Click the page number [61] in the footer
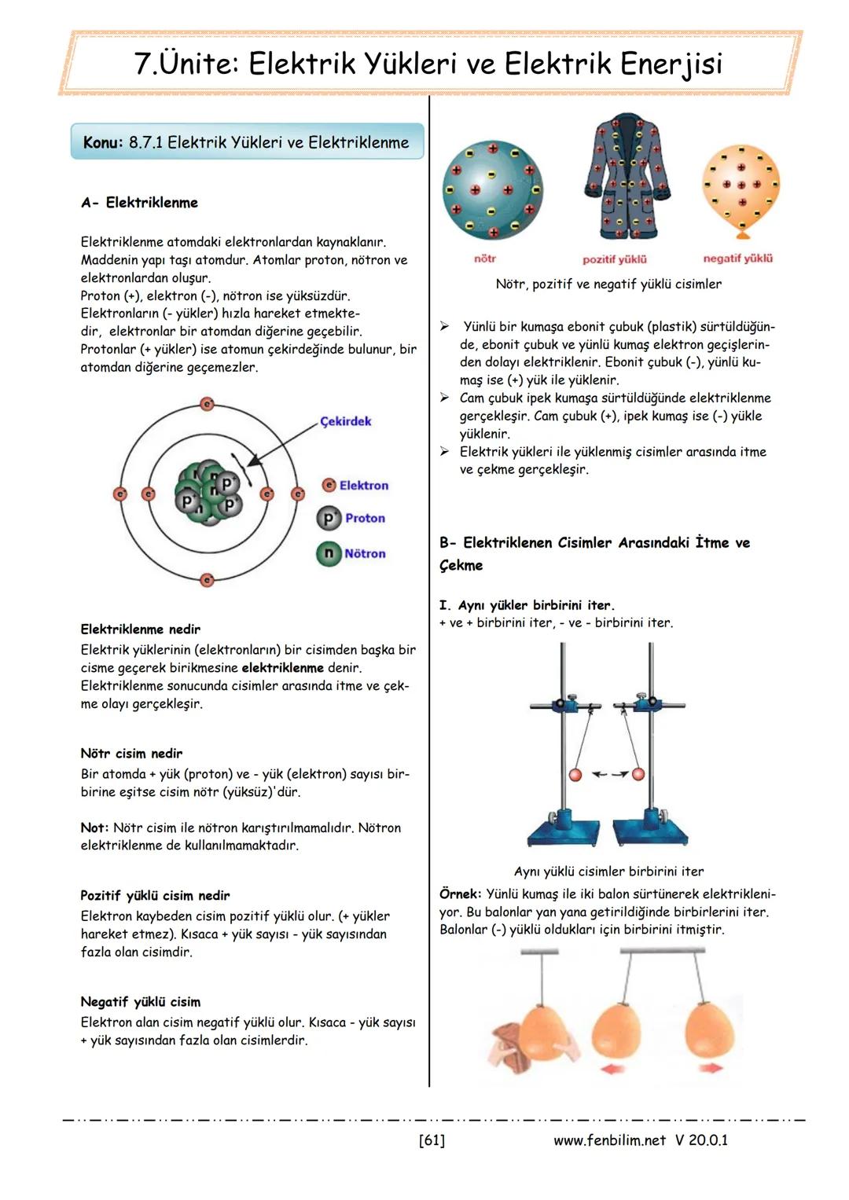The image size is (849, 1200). [x=432, y=1139]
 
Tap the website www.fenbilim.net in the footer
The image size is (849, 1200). [x=609, y=1139]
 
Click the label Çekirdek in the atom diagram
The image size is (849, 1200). [x=346, y=421]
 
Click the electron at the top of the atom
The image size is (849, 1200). [x=208, y=404]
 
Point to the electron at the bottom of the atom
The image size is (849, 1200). [x=208, y=580]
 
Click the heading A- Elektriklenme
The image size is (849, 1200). [x=139, y=203]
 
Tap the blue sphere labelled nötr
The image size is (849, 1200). [x=492, y=190]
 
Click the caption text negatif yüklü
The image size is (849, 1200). [x=737, y=259]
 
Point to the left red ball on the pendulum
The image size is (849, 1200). [x=575, y=775]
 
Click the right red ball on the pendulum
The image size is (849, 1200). [x=638, y=774]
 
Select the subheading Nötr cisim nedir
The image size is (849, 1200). [x=131, y=754]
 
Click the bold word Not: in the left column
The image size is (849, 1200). [x=94, y=828]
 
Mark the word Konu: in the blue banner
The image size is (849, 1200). [x=103, y=142]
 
